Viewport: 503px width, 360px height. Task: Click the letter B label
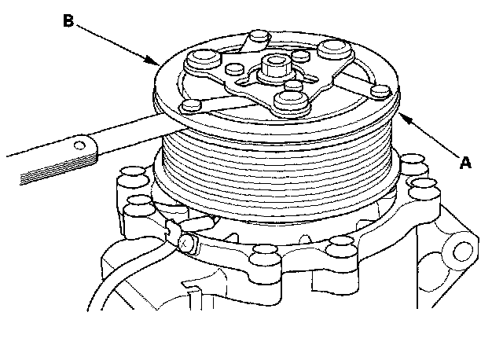pos(68,21)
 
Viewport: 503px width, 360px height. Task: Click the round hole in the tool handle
pos(81,145)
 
